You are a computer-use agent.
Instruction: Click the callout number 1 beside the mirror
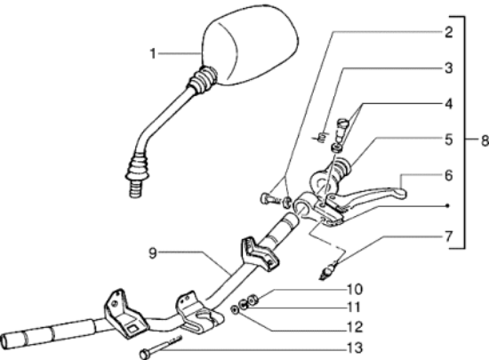[x=153, y=53]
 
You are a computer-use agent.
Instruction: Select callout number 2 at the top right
[x=448, y=32]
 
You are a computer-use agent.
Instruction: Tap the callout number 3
[x=448, y=68]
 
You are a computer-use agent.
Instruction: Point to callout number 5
[x=448, y=140]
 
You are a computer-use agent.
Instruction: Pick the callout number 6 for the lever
[x=448, y=175]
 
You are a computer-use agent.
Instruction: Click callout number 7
[x=448, y=236]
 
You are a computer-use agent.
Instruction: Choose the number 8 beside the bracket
[x=485, y=140]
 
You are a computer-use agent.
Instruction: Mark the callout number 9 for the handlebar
[x=152, y=253]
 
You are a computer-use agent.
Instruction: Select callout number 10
[x=355, y=290]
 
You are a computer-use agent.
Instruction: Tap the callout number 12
[x=355, y=327]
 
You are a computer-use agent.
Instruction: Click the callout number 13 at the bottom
[x=355, y=348]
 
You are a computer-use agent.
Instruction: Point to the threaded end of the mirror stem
[x=136, y=189]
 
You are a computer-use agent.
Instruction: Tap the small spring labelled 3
[x=321, y=137]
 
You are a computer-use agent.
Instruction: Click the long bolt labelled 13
[x=161, y=347]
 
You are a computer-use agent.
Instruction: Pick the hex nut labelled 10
[x=253, y=300]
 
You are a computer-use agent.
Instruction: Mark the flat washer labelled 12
[x=235, y=309]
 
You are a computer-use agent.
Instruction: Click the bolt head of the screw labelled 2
[x=264, y=198]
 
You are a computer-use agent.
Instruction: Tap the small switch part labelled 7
[x=327, y=271]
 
